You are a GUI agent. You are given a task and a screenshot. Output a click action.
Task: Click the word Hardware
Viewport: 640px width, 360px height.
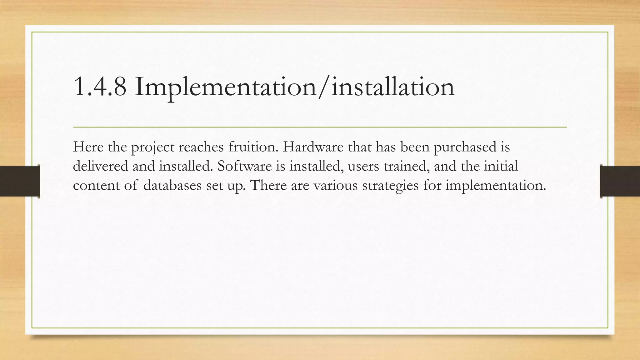click(x=313, y=147)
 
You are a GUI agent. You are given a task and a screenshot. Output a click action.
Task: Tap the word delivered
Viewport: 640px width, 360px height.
click(x=100, y=166)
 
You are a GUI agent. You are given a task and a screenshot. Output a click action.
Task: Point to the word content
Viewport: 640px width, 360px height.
click(x=96, y=185)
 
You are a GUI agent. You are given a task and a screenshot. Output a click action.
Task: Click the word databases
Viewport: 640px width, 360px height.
click(x=172, y=185)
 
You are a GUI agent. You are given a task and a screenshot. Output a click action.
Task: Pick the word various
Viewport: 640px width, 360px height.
click(x=335, y=185)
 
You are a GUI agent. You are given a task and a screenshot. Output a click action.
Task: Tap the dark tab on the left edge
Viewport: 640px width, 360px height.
click(x=20, y=181)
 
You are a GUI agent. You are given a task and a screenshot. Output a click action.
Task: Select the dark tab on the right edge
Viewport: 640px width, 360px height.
click(x=620, y=181)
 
